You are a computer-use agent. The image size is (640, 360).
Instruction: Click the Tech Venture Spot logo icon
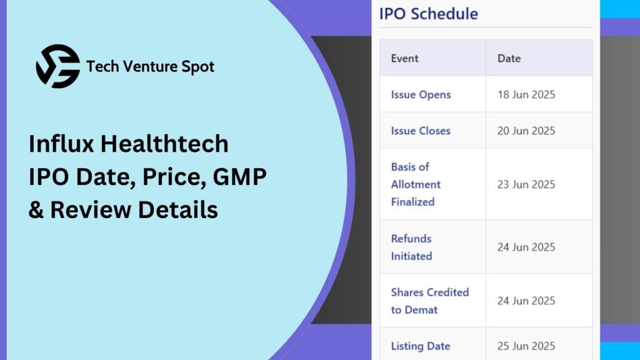coord(58,66)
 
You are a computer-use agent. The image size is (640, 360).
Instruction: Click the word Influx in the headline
coord(61,144)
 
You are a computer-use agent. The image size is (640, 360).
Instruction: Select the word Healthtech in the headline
coord(164,144)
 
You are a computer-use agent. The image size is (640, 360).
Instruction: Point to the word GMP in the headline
coord(239,177)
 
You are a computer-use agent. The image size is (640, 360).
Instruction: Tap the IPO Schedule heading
coord(429,14)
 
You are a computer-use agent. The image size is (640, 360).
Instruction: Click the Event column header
coord(404,58)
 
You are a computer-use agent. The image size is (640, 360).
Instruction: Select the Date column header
coord(509,58)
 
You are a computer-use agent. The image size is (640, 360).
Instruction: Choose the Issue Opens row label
coord(421,95)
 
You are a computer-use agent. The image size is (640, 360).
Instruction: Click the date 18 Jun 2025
coord(526,95)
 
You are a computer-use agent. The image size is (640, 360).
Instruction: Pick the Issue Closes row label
coord(421,131)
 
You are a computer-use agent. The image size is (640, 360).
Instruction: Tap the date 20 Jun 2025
coord(526,131)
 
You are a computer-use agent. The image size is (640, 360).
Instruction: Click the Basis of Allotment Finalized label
coord(416,184)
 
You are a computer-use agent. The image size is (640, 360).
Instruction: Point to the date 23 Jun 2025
coord(526,184)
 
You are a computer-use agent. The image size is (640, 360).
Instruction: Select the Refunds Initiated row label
coord(411,247)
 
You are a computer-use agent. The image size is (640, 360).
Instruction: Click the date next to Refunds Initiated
coord(526,247)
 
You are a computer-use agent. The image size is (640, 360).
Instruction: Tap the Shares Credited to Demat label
coord(430,301)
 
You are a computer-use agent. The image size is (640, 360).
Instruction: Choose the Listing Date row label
coord(421,346)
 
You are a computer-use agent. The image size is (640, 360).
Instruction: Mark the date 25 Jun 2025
coord(526,346)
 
